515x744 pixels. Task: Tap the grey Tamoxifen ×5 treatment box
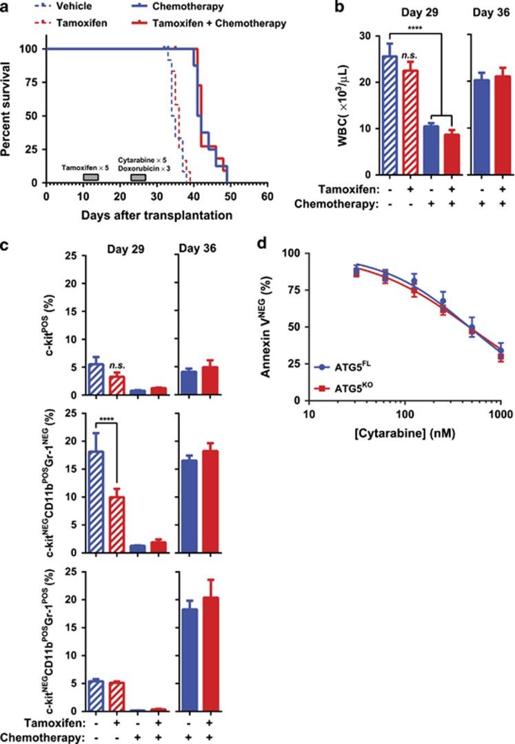90,177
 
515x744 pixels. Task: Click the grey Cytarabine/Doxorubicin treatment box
138,177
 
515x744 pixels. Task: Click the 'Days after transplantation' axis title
156,214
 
